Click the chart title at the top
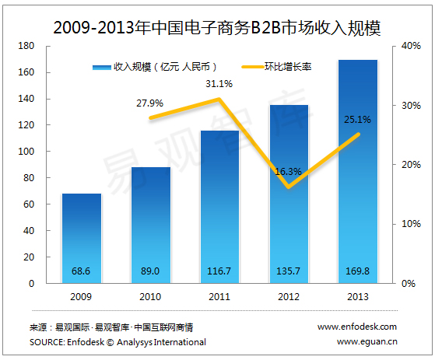point(217,27)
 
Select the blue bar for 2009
point(82,233)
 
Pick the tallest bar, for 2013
point(357,171)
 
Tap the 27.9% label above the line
point(150,103)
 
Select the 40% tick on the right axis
point(410,47)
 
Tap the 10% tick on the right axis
point(410,224)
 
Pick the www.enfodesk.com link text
point(357,327)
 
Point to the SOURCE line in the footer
point(118,341)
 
